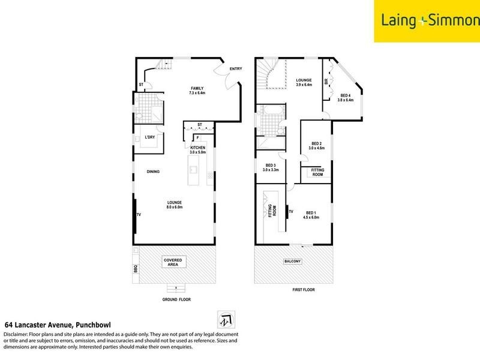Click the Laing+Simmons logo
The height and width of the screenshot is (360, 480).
427,21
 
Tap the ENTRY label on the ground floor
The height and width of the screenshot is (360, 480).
236,69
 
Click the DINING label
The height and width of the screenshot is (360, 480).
153,172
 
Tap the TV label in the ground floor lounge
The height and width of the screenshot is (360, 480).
138,215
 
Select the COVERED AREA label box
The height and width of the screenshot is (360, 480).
173,262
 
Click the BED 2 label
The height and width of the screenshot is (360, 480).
317,145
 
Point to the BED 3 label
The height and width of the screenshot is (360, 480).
270,167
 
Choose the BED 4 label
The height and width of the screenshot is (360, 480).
346,98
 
